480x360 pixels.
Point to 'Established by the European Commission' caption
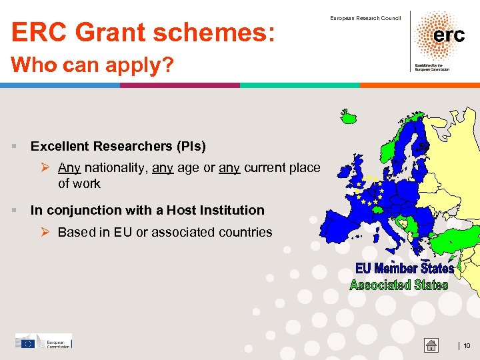(432, 67)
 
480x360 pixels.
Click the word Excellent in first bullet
(61, 146)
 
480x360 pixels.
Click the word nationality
(117, 168)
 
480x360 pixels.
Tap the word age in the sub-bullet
(189, 168)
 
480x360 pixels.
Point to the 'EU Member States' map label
(404, 268)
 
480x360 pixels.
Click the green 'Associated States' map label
(399, 285)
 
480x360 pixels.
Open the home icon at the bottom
(432, 345)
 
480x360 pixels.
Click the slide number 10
(467, 345)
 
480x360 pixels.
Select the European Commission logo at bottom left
(43, 341)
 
